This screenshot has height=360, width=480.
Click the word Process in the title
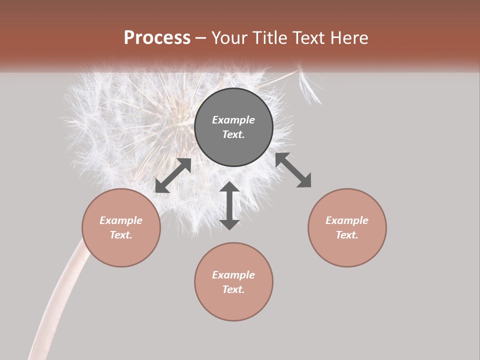(x=157, y=38)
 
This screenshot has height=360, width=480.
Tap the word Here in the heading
(x=348, y=38)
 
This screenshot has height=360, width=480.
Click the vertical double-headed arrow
(x=229, y=205)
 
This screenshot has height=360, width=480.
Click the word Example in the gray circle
(x=233, y=120)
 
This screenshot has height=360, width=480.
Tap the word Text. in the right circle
(x=347, y=235)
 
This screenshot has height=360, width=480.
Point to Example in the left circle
(x=121, y=220)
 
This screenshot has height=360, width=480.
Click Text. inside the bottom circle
(x=233, y=289)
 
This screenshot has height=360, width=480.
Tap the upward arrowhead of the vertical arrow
(x=229, y=187)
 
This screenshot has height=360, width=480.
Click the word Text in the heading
(x=309, y=38)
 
